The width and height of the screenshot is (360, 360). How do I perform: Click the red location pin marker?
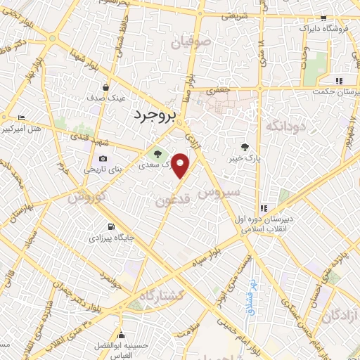click(x=181, y=165)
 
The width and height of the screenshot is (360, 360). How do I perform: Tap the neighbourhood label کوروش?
click(x=86, y=197)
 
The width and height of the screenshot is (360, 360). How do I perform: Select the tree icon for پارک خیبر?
click(x=244, y=147)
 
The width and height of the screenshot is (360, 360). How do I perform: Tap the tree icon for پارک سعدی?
click(x=157, y=154)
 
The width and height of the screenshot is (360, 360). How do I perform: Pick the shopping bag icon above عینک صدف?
click(x=105, y=88)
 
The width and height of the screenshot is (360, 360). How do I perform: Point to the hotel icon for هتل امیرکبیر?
click(x=21, y=117)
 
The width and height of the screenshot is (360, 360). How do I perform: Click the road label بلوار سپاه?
click(x=208, y=256)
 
